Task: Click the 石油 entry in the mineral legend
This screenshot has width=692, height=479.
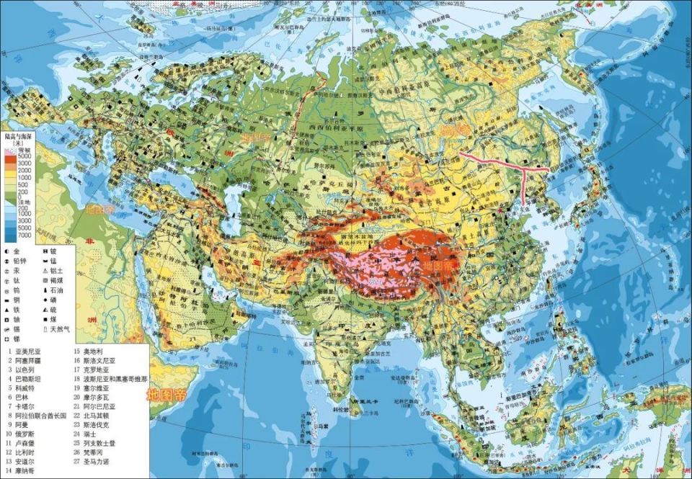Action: point(55,290)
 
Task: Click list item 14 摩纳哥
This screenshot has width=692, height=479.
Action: point(23,471)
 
